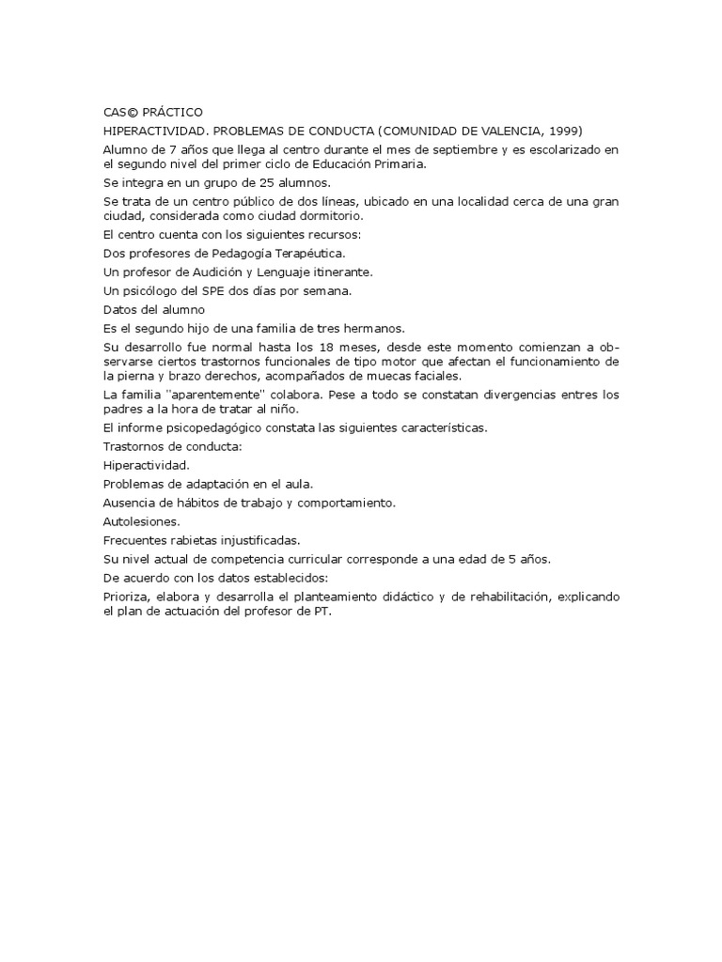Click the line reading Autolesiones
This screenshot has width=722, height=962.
tap(141, 520)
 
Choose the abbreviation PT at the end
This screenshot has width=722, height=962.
tap(322, 611)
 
